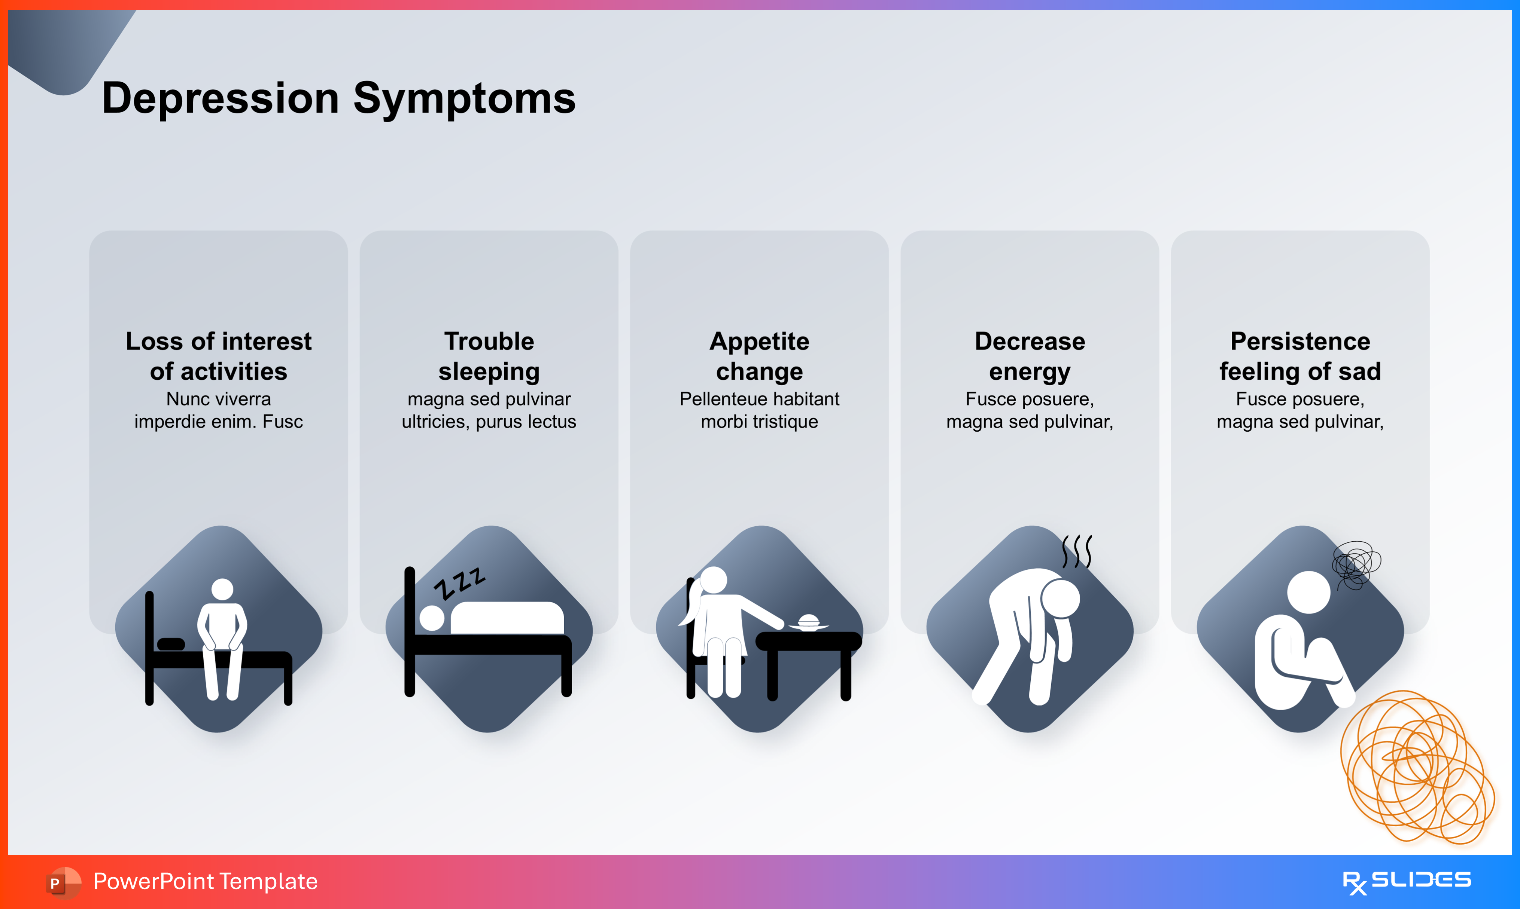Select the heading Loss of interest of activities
pyautogui.click(x=219, y=356)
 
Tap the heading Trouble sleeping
pyautogui.click(x=489, y=356)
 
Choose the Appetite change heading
pyautogui.click(x=759, y=356)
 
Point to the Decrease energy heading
pyautogui.click(x=1030, y=356)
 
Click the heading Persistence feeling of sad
pyautogui.click(x=1300, y=356)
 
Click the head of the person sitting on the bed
pyautogui.click(x=222, y=589)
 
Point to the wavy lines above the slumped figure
pyautogui.click(x=1077, y=551)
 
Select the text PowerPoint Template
pyautogui.click(x=205, y=881)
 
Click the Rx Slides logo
pyautogui.click(x=1407, y=881)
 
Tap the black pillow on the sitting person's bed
pyautogui.click(x=171, y=644)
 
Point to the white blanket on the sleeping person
pyautogui.click(x=507, y=618)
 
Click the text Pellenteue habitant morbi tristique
pyautogui.click(x=759, y=410)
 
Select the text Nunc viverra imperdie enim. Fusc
pyautogui.click(x=219, y=410)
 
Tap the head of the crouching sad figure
pyautogui.click(x=1308, y=592)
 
